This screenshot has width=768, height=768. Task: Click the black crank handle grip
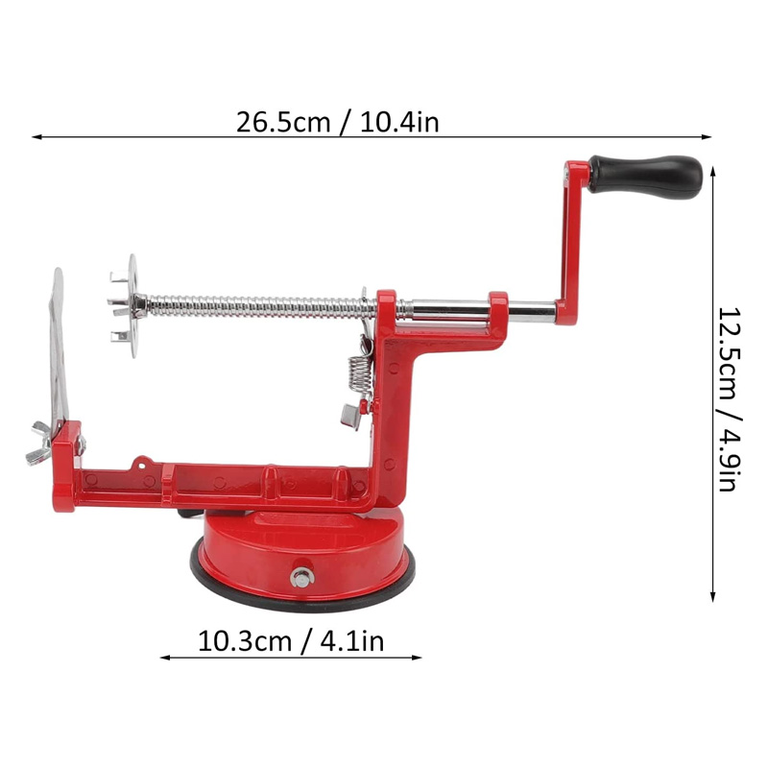645,177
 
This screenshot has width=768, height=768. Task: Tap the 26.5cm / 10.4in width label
338,123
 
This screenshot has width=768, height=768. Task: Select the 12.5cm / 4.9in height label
730,399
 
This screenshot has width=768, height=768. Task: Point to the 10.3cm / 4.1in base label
291,641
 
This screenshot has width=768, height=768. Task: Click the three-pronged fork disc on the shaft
126,306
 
